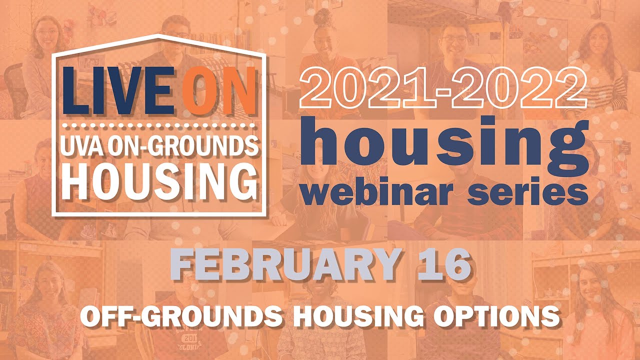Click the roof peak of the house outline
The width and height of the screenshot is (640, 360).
[x=159, y=35]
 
